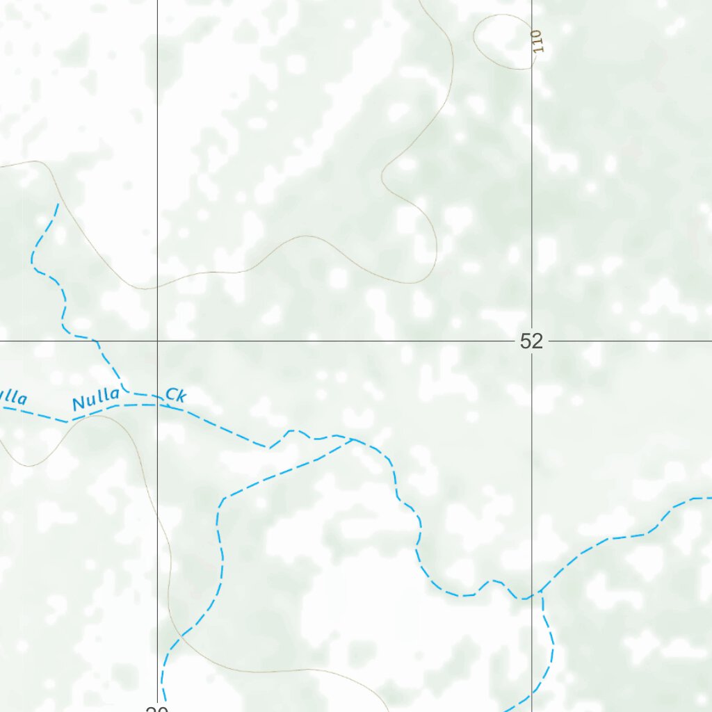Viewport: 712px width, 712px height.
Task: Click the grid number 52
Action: pyautogui.click(x=531, y=341)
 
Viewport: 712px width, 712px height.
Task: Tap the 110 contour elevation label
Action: pyautogui.click(x=535, y=42)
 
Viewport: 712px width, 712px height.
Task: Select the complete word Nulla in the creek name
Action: pyautogui.click(x=96, y=400)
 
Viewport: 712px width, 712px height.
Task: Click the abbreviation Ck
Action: pyautogui.click(x=176, y=396)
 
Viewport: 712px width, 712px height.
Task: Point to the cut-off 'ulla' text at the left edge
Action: pyautogui.click(x=13, y=398)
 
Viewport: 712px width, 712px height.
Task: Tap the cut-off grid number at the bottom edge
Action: pyautogui.click(x=157, y=709)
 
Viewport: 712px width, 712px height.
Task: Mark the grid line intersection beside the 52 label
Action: pyautogui.click(x=533, y=341)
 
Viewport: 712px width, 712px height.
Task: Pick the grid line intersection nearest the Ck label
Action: pyautogui.click(x=158, y=341)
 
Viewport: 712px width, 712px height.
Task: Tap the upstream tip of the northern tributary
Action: pyautogui.click(x=58, y=204)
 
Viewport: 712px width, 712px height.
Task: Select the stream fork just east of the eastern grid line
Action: pyautogui.click(x=541, y=592)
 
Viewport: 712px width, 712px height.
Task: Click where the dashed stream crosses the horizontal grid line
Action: pyautogui.click(x=97, y=341)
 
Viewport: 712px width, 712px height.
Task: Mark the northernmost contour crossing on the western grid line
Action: pyautogui.click(x=158, y=286)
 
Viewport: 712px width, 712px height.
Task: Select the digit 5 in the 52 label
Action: pyautogui.click(x=526, y=341)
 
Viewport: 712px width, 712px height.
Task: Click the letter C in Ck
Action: pyautogui.click(x=170, y=396)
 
